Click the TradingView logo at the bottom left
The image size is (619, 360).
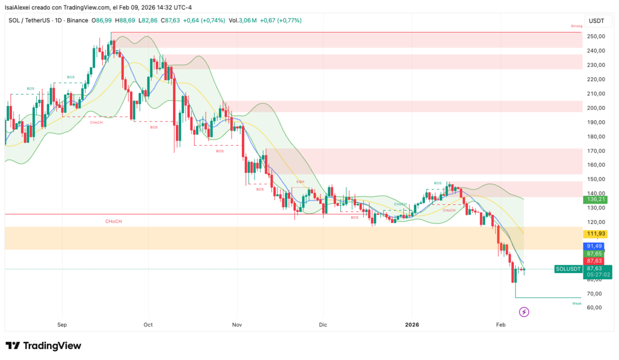point(43,346)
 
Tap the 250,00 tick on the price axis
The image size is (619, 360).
point(596,37)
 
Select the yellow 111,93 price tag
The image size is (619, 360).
point(596,234)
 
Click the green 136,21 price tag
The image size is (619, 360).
point(596,199)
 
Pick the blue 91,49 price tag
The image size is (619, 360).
point(595,246)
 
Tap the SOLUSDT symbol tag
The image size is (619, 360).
point(568,269)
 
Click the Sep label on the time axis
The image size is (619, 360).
point(62,325)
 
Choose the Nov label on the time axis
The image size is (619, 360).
point(236,325)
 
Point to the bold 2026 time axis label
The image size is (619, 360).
point(412,325)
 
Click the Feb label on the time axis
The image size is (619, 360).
point(501,325)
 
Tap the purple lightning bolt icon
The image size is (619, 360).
point(524,312)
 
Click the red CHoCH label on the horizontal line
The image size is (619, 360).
point(113,222)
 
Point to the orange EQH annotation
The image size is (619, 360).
point(300,181)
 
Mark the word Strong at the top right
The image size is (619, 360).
point(576,27)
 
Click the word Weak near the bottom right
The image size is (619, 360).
point(577,303)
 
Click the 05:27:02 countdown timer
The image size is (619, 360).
point(597,275)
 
